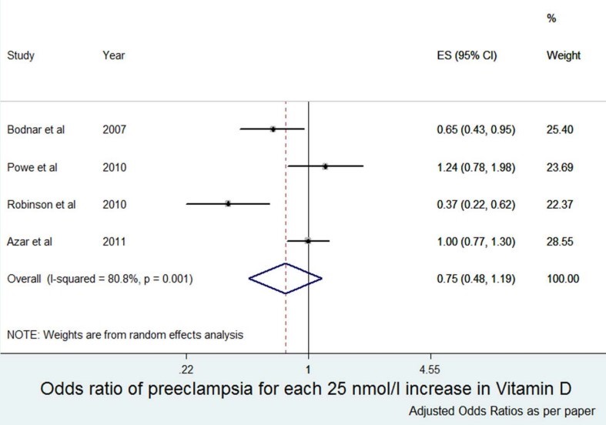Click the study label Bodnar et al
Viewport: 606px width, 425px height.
point(35,129)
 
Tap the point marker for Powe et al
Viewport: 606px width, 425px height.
point(325,166)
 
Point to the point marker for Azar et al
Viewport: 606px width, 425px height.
point(307,241)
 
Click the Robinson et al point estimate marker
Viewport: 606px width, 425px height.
point(228,204)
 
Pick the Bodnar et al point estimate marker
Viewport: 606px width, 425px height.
point(273,129)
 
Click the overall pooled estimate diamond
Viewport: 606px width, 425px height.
point(285,278)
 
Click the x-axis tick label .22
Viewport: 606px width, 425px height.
point(186,368)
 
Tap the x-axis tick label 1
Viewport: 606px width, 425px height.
point(308,368)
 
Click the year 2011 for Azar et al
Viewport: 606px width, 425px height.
point(114,241)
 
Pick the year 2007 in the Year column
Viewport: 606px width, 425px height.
point(114,129)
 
